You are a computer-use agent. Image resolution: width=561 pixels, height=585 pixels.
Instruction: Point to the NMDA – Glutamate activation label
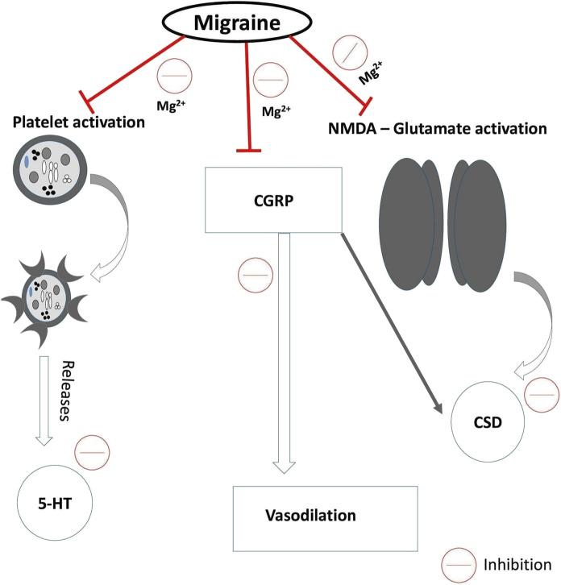[x=438, y=128]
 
